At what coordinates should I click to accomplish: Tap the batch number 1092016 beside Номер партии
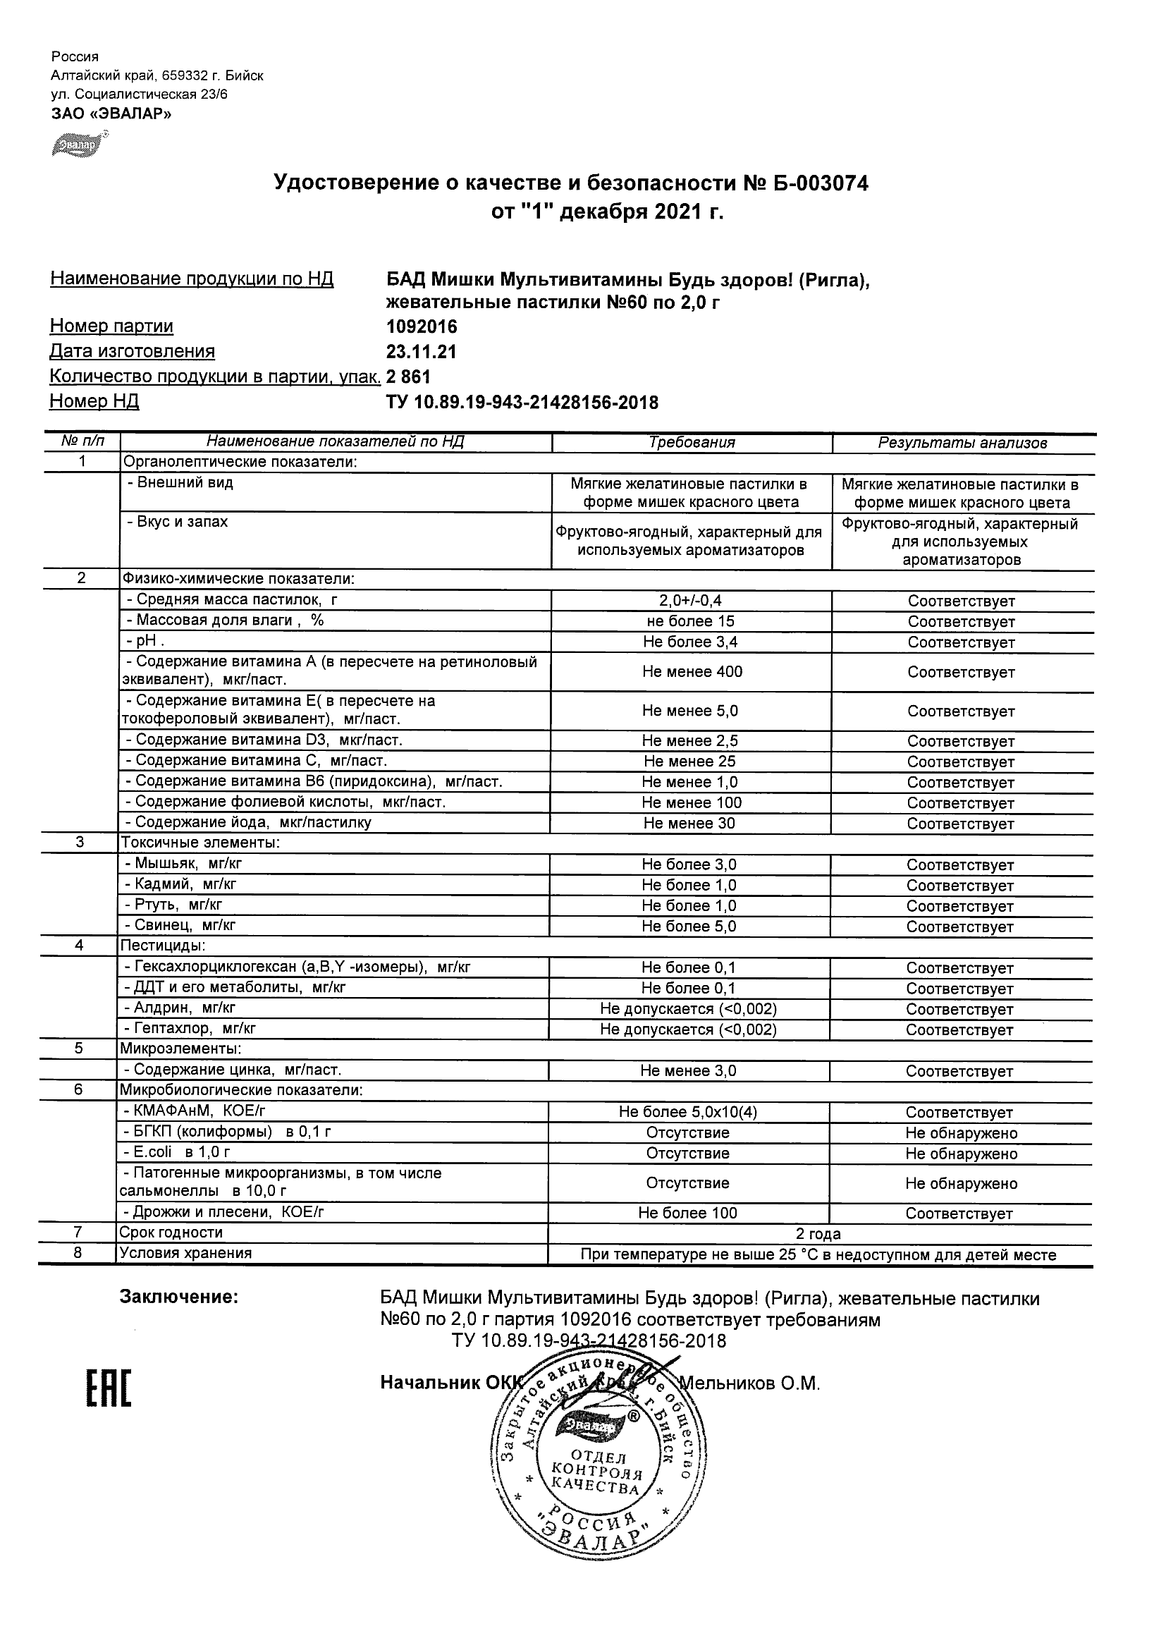pyautogui.click(x=422, y=327)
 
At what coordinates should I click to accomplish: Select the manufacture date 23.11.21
pyautogui.click(x=421, y=352)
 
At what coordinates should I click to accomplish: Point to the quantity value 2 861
pyautogui.click(x=408, y=377)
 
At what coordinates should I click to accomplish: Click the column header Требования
pyautogui.click(x=691, y=443)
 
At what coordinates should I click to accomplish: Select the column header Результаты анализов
pyautogui.click(x=962, y=444)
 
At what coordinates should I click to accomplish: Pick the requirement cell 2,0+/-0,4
pyautogui.click(x=690, y=601)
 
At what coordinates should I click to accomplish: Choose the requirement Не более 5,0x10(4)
pyautogui.click(x=687, y=1113)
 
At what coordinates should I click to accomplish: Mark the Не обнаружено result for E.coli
pyautogui.click(x=961, y=1154)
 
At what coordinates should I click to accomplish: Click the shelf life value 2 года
pyautogui.click(x=818, y=1235)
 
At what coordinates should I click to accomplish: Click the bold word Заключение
pyautogui.click(x=178, y=1297)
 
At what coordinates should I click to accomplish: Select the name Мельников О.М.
pyautogui.click(x=749, y=1383)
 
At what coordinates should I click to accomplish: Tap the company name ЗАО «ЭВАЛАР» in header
pyautogui.click(x=111, y=114)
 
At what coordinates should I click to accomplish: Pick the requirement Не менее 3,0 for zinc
pyautogui.click(x=687, y=1072)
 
